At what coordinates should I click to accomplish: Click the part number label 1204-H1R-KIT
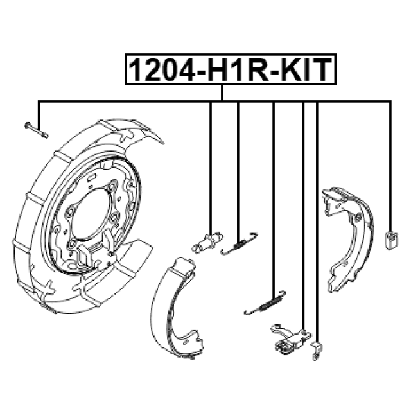(x=231, y=70)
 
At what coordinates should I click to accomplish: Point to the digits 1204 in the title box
(x=161, y=70)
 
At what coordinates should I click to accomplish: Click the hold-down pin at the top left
(x=37, y=130)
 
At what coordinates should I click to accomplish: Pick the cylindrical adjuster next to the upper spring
(x=207, y=243)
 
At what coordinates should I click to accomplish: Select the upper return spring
(x=239, y=244)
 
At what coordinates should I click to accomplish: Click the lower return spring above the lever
(x=265, y=302)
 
